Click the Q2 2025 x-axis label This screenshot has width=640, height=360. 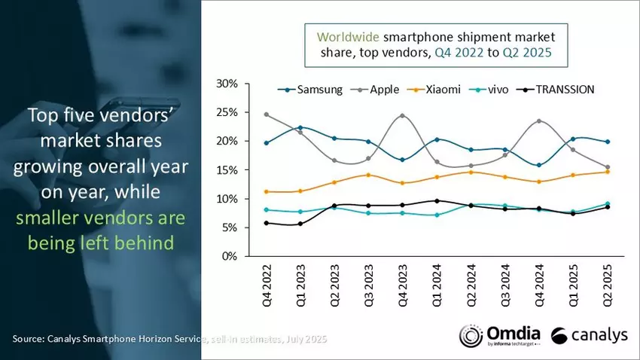coord(607,287)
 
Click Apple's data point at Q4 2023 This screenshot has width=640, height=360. coord(401,115)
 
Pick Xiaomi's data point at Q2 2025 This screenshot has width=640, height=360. coord(607,172)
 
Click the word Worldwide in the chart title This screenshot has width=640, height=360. coord(347,36)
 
